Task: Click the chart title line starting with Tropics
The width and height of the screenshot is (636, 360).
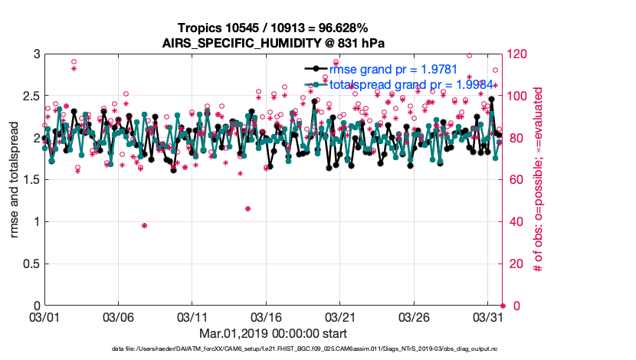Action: (x=273, y=28)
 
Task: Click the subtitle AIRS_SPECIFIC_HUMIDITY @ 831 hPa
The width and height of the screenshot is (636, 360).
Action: (x=273, y=42)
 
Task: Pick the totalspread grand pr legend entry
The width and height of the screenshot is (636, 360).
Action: (x=411, y=84)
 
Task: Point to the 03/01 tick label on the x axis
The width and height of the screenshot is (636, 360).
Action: (x=44, y=316)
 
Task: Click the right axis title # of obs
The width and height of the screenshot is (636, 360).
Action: (x=539, y=180)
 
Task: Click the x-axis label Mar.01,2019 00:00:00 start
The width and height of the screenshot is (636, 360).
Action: (x=273, y=334)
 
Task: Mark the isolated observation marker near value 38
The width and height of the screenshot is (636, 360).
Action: (x=144, y=225)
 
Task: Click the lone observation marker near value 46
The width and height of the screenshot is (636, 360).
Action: (x=248, y=208)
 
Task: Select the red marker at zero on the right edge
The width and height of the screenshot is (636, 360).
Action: (x=503, y=306)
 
